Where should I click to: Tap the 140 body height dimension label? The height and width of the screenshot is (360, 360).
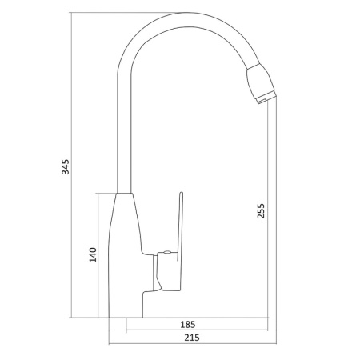point(93,255)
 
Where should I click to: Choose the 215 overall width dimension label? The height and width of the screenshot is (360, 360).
point(190,338)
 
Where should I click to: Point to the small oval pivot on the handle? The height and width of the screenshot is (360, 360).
point(168,255)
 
